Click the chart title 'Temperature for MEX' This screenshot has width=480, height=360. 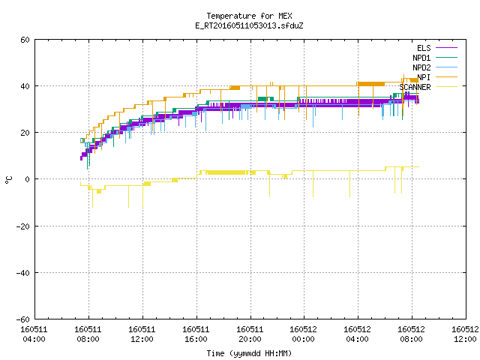(x=249, y=16)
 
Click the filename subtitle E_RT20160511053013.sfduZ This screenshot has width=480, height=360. (x=249, y=25)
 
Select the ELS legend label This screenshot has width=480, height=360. (x=424, y=48)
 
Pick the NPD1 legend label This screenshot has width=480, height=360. (x=421, y=58)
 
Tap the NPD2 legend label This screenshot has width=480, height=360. (x=421, y=67)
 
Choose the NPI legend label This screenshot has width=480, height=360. (x=424, y=77)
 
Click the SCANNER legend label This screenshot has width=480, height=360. (x=415, y=87)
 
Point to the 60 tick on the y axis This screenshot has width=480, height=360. (x=25, y=40)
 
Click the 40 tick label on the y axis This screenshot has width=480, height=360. (x=25, y=86)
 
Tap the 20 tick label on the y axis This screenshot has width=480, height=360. (x=25, y=133)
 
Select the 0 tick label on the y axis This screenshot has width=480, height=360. (x=27, y=179)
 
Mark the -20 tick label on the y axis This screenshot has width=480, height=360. (x=23, y=226)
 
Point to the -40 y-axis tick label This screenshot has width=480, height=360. (x=23, y=273)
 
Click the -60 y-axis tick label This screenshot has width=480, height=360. (x=23, y=319)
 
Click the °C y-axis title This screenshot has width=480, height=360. (x=8, y=180)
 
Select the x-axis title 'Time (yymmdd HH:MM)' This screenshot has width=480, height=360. (x=249, y=353)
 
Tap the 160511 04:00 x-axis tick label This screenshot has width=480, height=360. (x=34, y=334)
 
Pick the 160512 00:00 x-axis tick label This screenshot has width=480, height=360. (x=303, y=334)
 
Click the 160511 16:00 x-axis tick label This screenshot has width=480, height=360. (x=196, y=334)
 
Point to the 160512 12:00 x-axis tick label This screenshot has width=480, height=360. (x=465, y=334)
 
